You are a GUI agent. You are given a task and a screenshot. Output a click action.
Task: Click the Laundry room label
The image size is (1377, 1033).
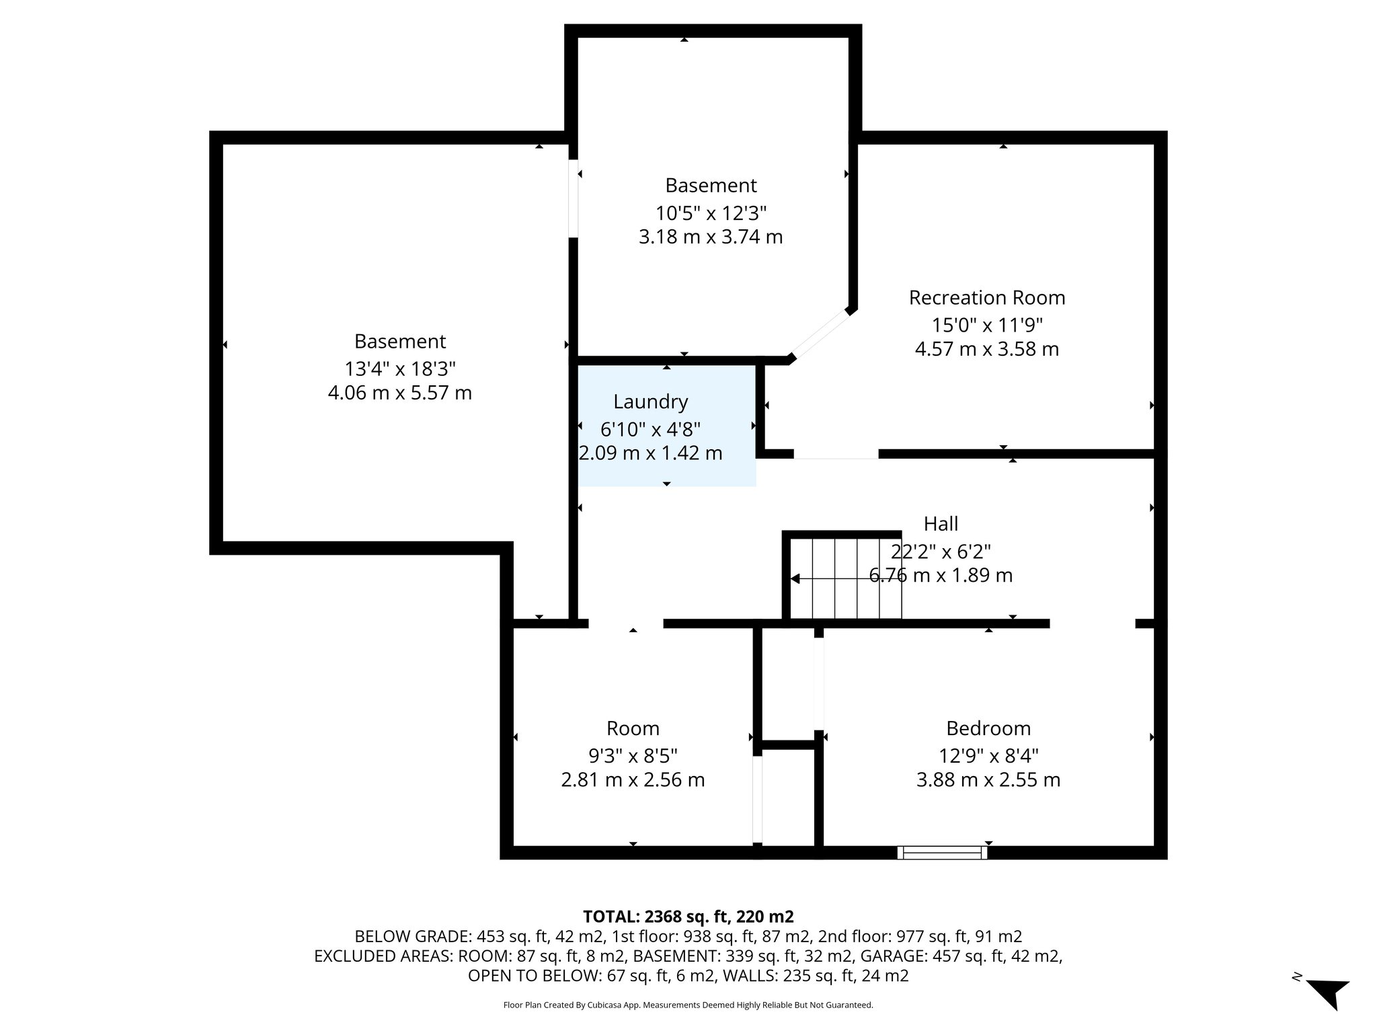pos(650,402)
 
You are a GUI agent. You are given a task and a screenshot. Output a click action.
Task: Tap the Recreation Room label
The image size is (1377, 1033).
pos(986,298)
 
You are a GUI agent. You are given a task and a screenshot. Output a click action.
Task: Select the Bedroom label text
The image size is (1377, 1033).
pos(988,728)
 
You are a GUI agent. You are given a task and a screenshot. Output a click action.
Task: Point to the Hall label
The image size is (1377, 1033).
pos(941,524)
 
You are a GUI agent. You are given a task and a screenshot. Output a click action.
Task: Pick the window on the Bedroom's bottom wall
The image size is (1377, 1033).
pos(942,853)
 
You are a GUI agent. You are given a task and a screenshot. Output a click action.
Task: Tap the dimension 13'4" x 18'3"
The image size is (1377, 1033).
pos(400,369)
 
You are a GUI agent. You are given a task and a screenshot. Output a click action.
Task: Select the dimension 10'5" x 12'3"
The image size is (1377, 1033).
pos(711,213)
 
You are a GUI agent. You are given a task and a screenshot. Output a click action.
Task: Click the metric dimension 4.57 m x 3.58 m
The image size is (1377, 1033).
pos(986,350)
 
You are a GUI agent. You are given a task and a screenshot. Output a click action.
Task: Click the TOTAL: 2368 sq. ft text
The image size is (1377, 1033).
pos(688,917)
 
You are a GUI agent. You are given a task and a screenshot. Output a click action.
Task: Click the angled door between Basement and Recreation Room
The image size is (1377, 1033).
pos(819,334)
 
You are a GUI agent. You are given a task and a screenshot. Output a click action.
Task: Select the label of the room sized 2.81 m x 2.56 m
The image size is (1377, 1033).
pos(633,728)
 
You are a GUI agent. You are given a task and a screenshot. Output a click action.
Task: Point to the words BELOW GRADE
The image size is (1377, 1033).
pos(413,937)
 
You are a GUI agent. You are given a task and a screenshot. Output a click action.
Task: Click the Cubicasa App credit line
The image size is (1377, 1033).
pos(688,1005)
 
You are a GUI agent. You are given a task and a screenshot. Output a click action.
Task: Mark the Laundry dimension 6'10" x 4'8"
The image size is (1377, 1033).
pos(650,429)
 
